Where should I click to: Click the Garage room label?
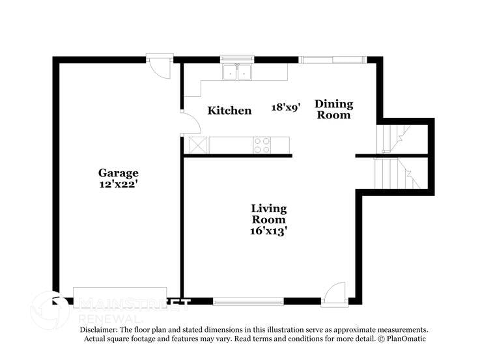tap(119, 173)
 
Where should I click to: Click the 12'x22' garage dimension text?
tap(119, 184)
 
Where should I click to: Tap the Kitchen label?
tap(229, 111)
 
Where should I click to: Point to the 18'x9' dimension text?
tap(285, 107)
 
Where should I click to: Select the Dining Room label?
tap(333, 109)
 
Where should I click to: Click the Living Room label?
tap(268, 214)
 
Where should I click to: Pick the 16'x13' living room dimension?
tap(268, 230)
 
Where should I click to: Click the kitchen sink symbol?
tap(237, 72)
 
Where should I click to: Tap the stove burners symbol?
tap(262, 145)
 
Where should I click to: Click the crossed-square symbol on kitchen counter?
tap(197, 145)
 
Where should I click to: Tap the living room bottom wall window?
tap(248, 301)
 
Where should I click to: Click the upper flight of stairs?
tap(394, 138)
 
